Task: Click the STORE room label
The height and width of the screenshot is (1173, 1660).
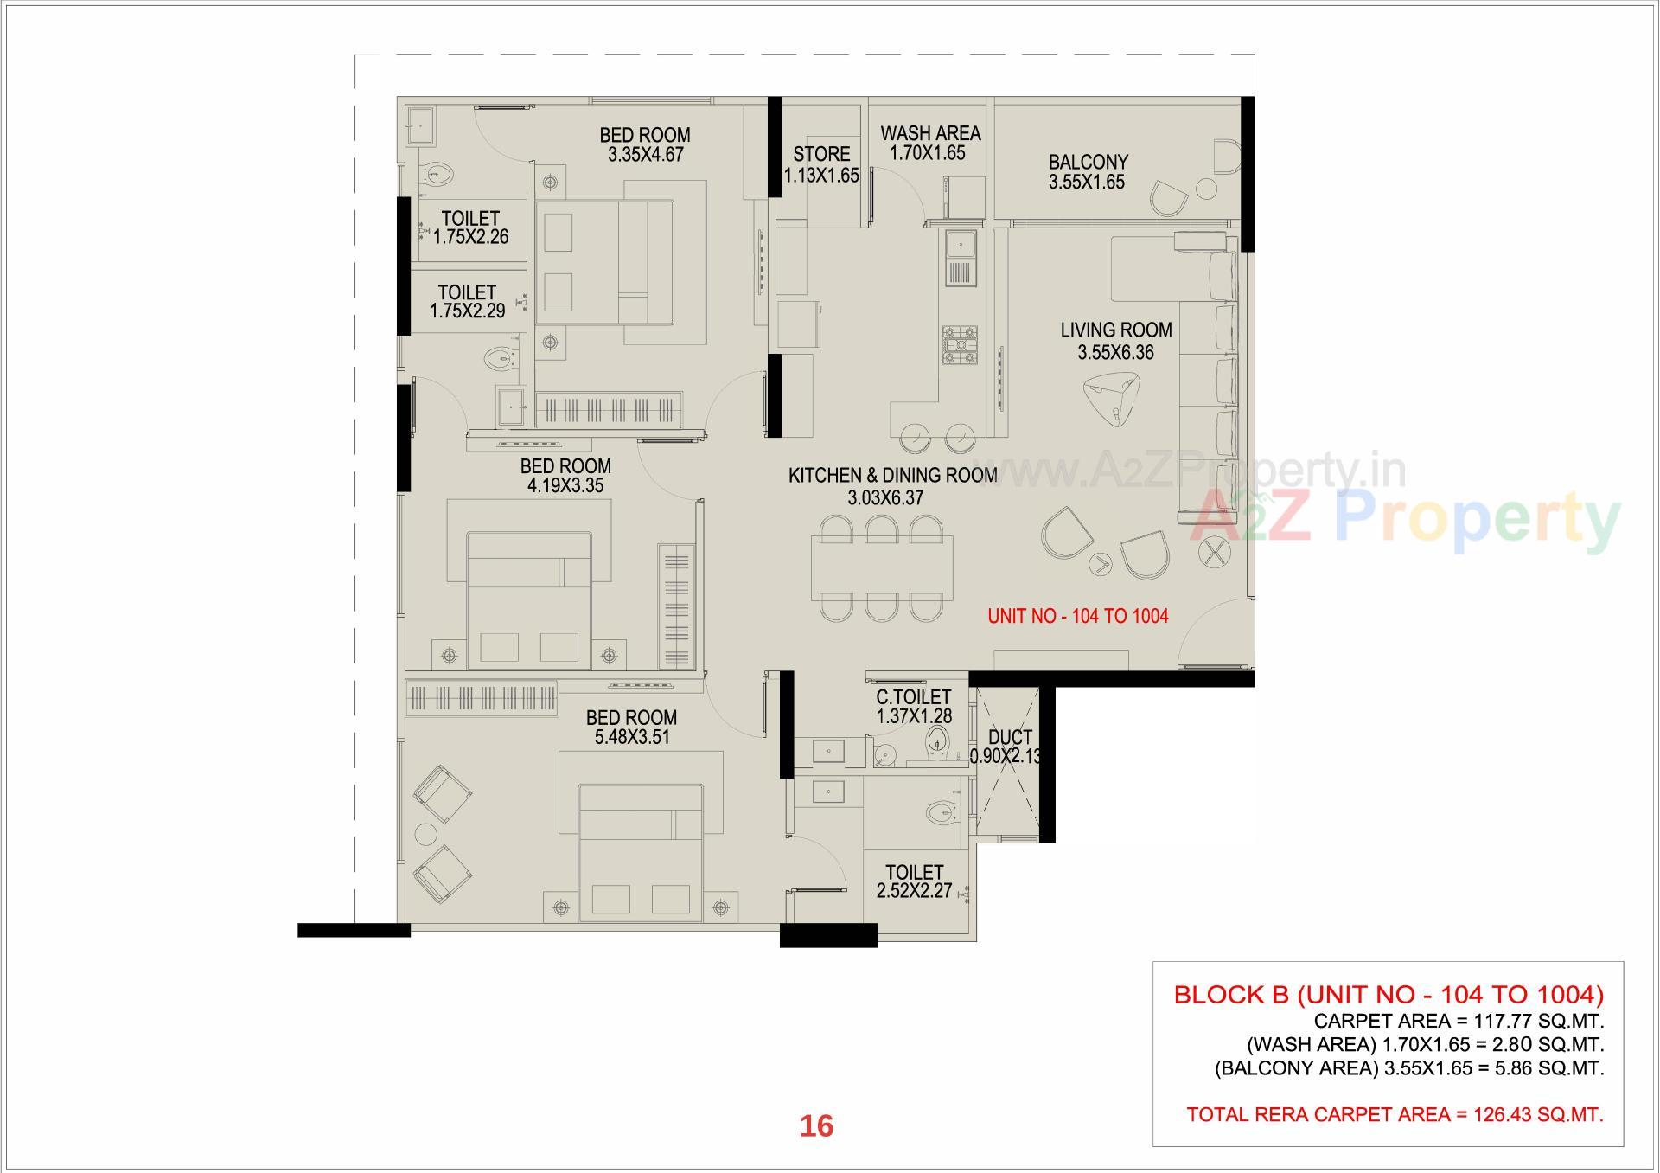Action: [x=821, y=154]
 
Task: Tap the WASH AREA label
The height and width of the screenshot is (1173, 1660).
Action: [x=930, y=133]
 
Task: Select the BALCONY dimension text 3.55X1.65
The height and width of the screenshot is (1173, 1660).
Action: [x=1087, y=183]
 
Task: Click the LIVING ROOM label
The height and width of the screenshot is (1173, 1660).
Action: [x=1116, y=330]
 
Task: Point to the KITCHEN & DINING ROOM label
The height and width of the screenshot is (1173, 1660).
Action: [x=892, y=475]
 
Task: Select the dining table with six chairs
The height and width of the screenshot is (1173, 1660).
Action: [x=881, y=568]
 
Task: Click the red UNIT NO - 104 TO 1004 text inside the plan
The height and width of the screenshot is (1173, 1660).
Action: [x=1077, y=616]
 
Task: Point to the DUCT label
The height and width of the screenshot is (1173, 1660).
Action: [x=1010, y=737]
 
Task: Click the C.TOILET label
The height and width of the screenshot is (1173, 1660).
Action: [x=913, y=697]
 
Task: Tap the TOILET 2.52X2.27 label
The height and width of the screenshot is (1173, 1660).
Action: [x=914, y=872]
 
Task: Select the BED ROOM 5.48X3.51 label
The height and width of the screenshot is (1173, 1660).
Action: [x=631, y=717]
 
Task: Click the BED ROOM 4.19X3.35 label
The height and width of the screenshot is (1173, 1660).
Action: [x=565, y=466]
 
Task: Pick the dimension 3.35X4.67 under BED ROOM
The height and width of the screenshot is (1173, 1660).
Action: [x=645, y=155]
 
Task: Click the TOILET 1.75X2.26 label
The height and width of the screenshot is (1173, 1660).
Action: [x=470, y=219]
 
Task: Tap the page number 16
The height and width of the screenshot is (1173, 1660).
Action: [x=816, y=1125]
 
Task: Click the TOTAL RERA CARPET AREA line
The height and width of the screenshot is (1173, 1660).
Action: [x=1394, y=1114]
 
